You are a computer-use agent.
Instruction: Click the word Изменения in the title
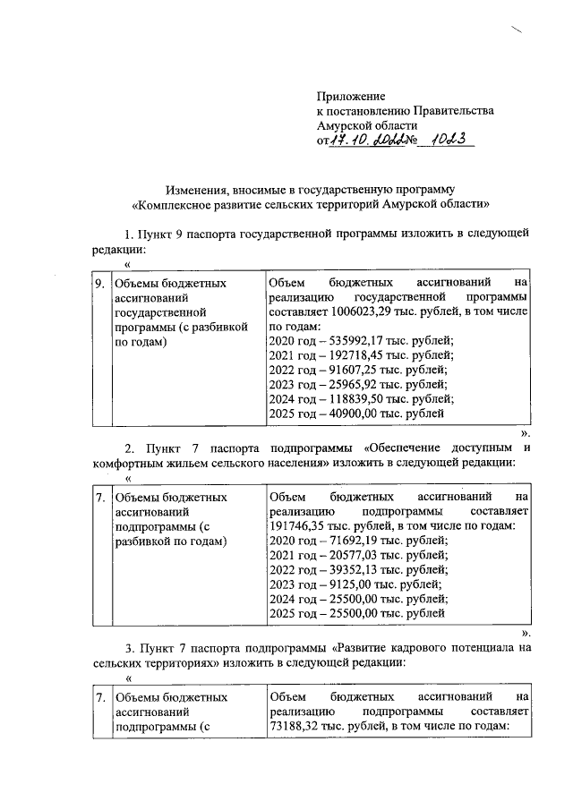[x=196, y=190]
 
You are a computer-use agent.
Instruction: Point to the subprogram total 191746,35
[x=298, y=525]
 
